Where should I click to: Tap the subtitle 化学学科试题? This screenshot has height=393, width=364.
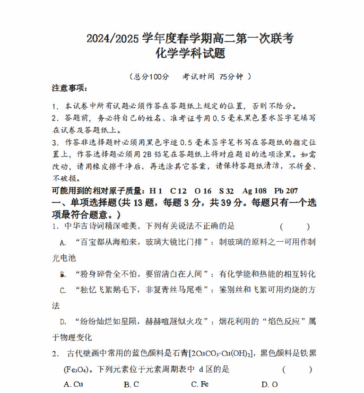click(191, 53)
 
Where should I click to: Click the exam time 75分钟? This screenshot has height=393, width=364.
click(231, 76)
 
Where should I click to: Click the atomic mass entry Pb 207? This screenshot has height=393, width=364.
click(286, 191)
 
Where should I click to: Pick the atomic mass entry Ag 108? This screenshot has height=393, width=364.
click(254, 191)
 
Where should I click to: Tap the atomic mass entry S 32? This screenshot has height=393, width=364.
click(226, 191)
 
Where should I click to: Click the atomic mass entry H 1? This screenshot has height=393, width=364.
click(156, 191)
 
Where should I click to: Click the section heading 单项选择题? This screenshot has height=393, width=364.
click(93, 203)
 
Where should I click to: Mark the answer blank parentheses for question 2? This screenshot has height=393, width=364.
click(297, 369)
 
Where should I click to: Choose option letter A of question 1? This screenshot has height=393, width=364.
click(62, 243)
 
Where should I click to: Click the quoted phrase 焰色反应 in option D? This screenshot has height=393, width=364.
click(280, 322)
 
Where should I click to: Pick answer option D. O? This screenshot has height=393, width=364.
click(269, 384)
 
